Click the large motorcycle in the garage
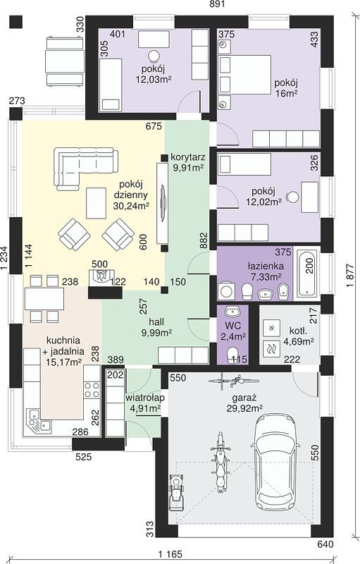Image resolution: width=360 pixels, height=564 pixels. pos(221,462)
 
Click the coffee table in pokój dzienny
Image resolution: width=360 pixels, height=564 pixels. pos(97,203)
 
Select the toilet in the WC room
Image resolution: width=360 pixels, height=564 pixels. pos(232,355)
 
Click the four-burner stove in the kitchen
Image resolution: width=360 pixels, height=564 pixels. pos(92,390)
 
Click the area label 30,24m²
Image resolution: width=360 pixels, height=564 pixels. pos(131,206)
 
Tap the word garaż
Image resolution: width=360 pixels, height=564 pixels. pos(244,398)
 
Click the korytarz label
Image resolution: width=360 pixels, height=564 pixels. pos(188,157)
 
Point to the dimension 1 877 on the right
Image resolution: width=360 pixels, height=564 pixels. pos(351,276)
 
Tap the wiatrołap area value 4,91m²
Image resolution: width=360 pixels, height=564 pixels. pos(145,408)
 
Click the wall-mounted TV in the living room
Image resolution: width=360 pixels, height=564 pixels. pos(163,202)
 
